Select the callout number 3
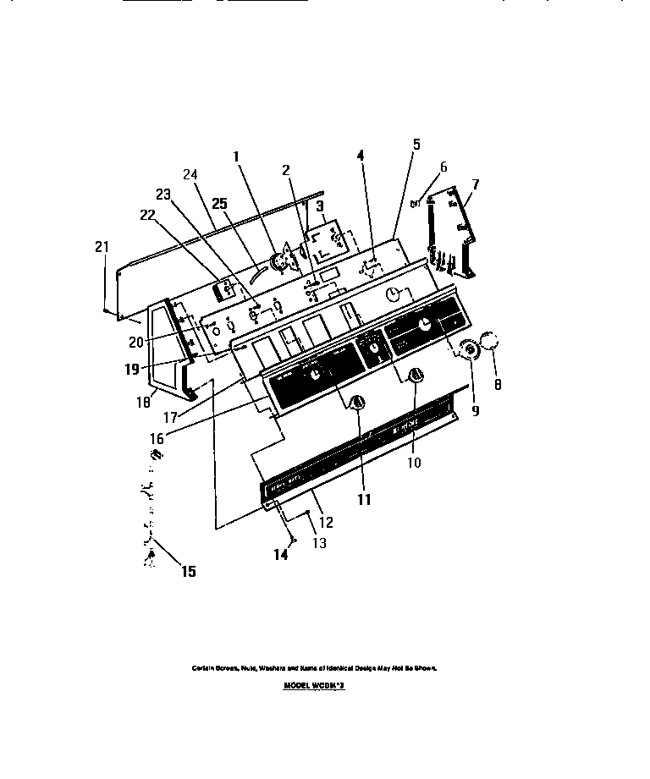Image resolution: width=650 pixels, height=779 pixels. (x=319, y=206)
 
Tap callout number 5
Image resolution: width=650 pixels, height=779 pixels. (x=416, y=144)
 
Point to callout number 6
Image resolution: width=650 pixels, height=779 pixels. (x=443, y=167)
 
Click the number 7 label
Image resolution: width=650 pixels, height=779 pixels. (x=476, y=184)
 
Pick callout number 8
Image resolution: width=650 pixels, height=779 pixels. (x=497, y=385)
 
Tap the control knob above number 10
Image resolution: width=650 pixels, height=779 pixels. (x=415, y=376)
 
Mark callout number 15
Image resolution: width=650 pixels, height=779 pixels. (x=188, y=572)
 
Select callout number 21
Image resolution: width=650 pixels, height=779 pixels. (x=102, y=247)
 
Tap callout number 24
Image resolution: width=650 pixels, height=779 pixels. (x=190, y=175)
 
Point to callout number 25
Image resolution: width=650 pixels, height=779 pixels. (x=220, y=204)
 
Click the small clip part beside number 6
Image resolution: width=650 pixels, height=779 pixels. (x=416, y=203)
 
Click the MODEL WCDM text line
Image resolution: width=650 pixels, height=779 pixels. (x=314, y=687)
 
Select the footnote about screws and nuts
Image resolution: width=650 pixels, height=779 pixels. (x=313, y=667)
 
